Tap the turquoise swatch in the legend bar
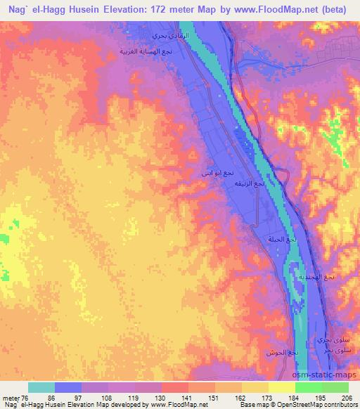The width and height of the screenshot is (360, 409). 41,387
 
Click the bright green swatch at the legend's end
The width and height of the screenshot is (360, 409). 335,387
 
